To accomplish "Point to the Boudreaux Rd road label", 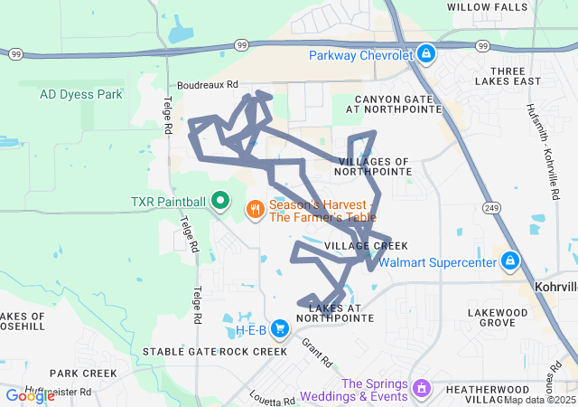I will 207,84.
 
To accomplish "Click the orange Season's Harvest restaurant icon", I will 255,210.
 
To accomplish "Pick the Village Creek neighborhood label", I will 366,246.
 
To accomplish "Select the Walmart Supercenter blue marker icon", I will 510,262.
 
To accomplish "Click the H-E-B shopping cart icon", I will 281,327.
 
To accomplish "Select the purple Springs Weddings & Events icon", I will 420,389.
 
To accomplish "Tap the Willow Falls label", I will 487,7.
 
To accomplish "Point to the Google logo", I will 30,396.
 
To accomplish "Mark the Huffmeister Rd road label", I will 59,392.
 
